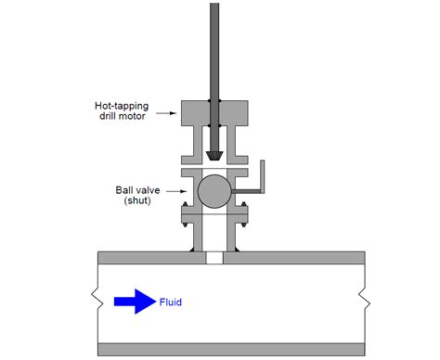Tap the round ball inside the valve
tap(213, 191)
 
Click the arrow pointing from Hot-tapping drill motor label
tap(167, 112)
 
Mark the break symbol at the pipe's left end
tap(94, 300)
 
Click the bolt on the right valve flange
tap(245, 222)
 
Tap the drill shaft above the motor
tap(214, 46)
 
